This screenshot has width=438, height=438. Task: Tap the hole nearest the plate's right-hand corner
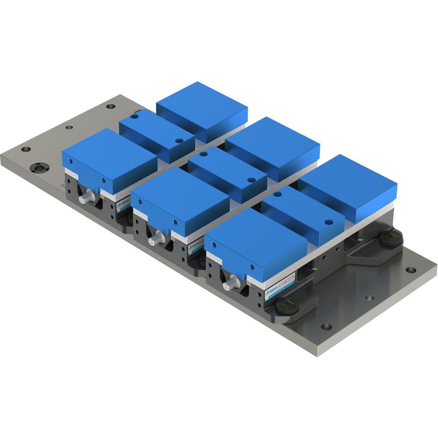[x=410, y=270]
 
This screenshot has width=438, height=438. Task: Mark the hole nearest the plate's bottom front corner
[x=325, y=326]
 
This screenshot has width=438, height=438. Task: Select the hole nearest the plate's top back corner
[x=110, y=106]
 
